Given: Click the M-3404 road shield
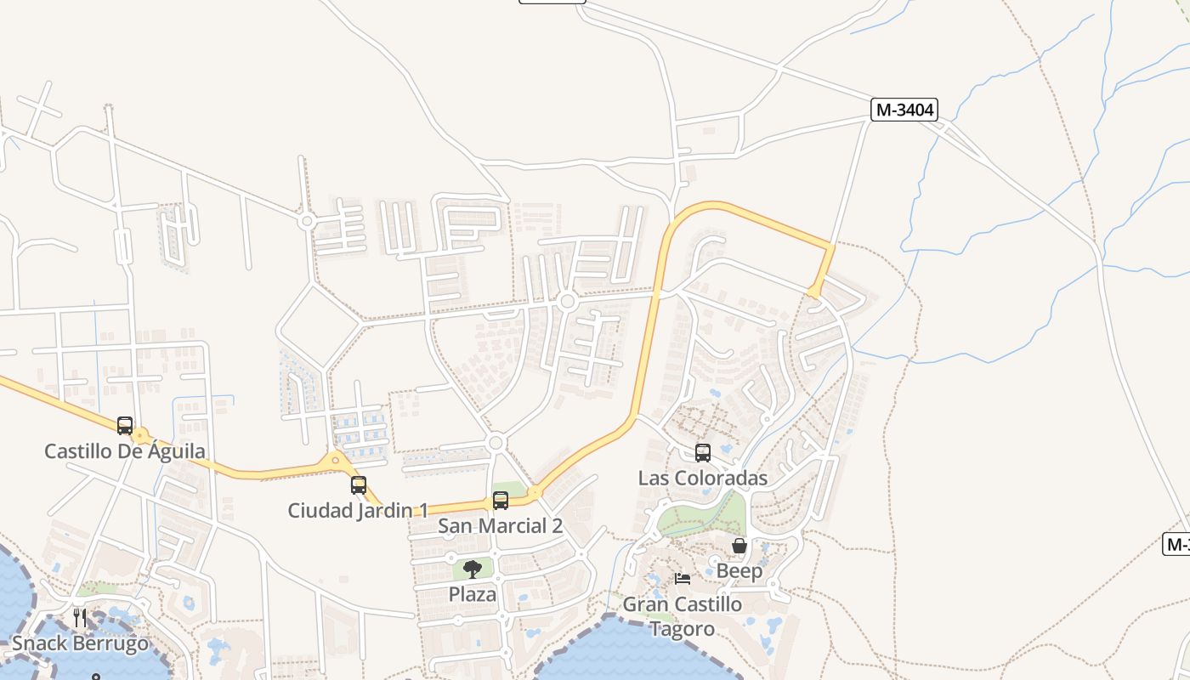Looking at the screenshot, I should (x=904, y=110).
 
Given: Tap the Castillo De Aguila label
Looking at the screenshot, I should (x=124, y=451).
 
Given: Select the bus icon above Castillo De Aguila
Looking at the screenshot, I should (x=125, y=425).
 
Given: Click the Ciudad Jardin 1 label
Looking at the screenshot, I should (x=357, y=511).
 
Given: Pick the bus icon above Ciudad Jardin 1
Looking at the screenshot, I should (x=359, y=485).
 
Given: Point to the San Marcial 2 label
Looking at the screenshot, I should (x=500, y=526).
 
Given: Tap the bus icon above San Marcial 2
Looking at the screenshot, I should (x=501, y=501).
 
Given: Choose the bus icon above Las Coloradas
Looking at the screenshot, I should (x=703, y=453).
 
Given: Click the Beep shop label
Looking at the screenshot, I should (x=739, y=571).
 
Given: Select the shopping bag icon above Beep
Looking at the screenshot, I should (x=739, y=546).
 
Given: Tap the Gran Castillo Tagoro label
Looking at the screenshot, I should (x=683, y=616).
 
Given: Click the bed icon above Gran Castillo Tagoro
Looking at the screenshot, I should (x=683, y=579).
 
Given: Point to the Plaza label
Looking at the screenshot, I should (x=473, y=594).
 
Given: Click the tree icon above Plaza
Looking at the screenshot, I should (x=473, y=569).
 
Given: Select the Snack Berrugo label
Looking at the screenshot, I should (x=80, y=643).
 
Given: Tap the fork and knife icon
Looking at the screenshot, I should (x=80, y=617).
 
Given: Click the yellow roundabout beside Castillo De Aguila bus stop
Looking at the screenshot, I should (x=141, y=437).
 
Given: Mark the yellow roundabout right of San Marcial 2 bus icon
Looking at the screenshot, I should (x=535, y=491).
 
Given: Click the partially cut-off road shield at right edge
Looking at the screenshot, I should (x=1176, y=544).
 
